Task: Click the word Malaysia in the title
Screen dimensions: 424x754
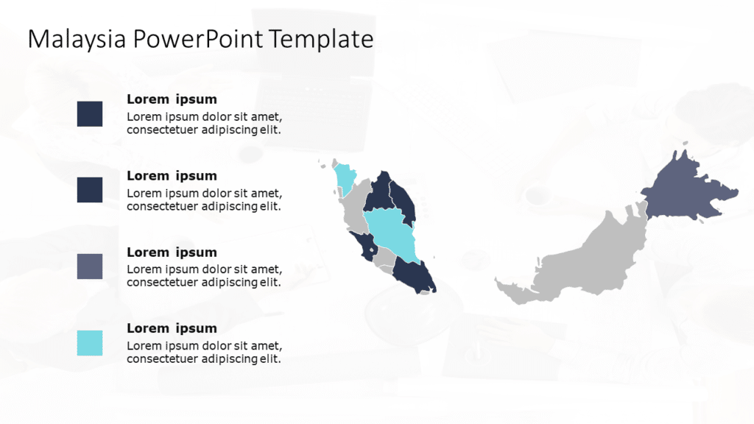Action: tap(77, 39)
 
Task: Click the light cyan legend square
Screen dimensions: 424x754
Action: tap(90, 343)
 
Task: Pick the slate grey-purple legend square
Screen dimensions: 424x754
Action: tap(90, 266)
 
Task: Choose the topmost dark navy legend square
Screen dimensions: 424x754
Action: tap(90, 114)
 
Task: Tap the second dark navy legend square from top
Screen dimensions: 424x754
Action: tap(90, 190)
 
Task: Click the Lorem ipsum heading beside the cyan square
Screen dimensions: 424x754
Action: tap(172, 328)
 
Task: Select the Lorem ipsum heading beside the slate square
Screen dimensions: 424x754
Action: tap(172, 252)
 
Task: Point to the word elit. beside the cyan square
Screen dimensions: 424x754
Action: tap(269, 359)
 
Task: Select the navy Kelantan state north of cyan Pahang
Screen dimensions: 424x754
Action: tap(379, 193)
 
